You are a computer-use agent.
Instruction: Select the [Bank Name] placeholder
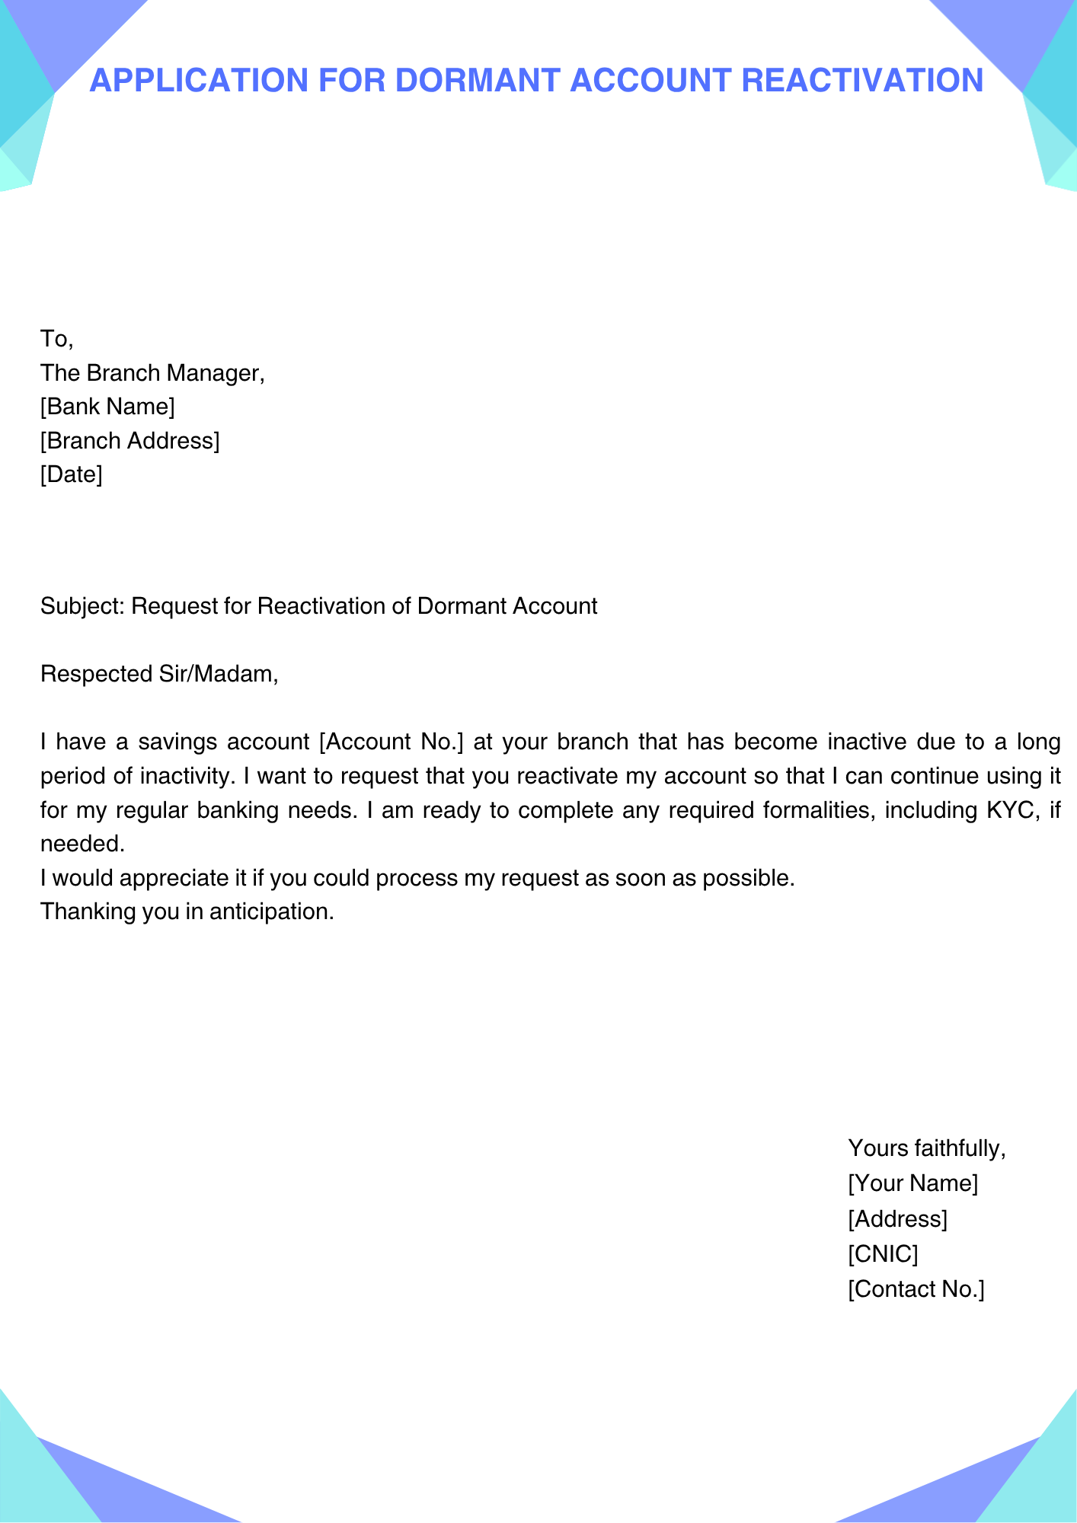107,407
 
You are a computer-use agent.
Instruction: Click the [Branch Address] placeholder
129,441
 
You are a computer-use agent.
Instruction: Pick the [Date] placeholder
71,475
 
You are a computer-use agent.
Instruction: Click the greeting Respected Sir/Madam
159,674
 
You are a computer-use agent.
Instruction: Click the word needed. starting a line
81,844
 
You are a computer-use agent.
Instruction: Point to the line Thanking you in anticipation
187,912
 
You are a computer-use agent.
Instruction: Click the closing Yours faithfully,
927,1148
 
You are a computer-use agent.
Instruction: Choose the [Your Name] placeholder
912,1183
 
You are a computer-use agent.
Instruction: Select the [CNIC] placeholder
883,1253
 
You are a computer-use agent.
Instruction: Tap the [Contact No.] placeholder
916,1289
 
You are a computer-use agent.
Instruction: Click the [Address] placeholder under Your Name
897,1219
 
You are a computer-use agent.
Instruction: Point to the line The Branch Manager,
152,373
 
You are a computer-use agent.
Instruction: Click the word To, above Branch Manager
56,339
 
